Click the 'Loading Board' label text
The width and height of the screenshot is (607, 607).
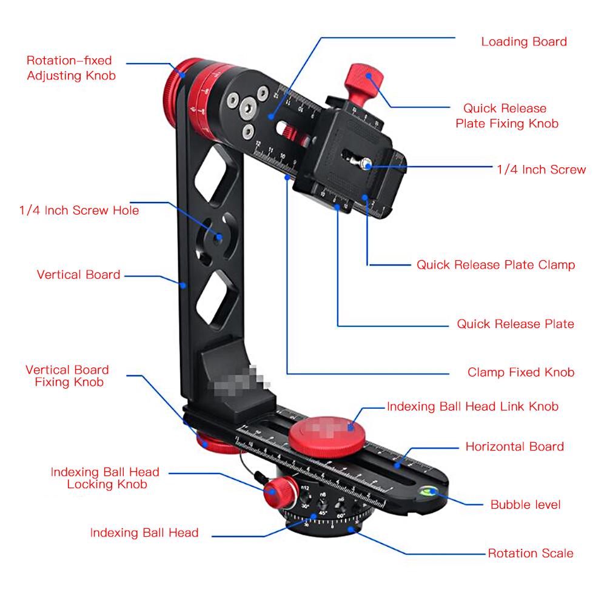point(524,42)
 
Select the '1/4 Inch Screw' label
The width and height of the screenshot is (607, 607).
point(542,170)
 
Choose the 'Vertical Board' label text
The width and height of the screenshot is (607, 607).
point(78,275)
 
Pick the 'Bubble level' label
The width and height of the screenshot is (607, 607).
point(525,505)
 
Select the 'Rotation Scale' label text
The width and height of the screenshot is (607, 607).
point(530,553)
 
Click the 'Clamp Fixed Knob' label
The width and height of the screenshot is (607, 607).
point(520,372)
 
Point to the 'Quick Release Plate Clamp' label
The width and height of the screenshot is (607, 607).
point(495,265)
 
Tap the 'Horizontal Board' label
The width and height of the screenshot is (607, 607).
point(514,447)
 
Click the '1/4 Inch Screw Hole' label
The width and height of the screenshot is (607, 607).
point(79,210)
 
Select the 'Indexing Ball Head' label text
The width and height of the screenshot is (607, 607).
point(144,533)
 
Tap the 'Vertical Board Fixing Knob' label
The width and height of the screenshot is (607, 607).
point(67,376)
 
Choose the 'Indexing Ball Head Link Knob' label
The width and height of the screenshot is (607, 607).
point(472,406)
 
